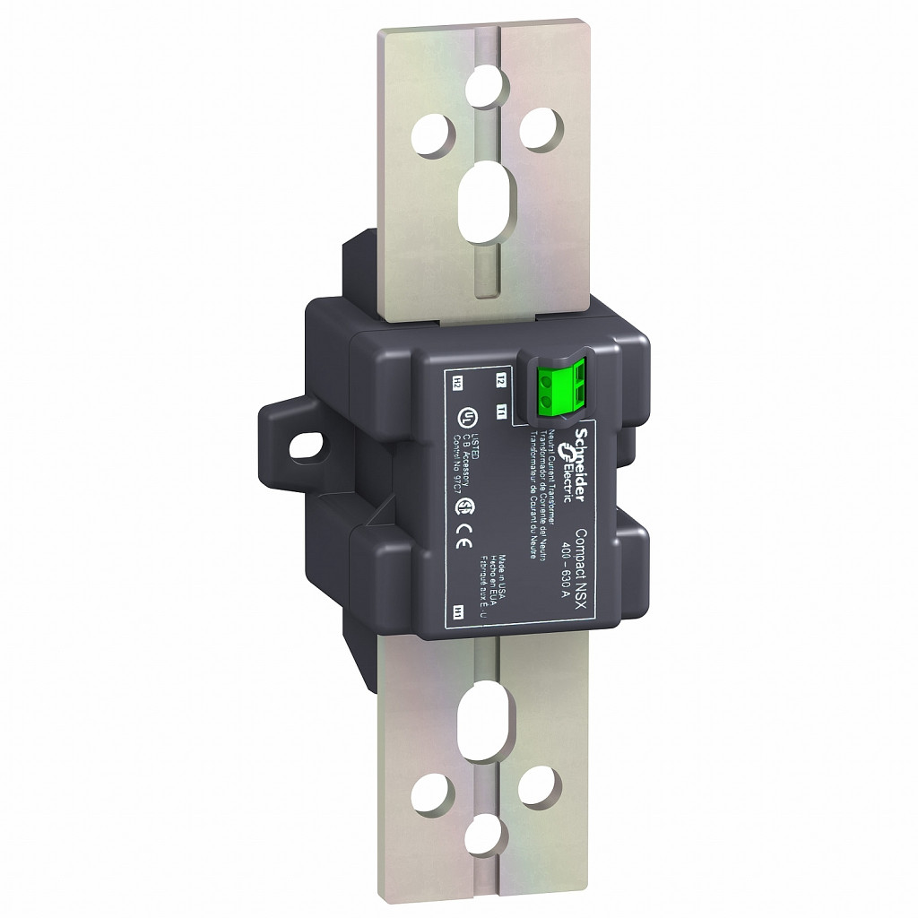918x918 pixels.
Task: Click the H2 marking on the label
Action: pyautogui.click(x=457, y=383)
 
